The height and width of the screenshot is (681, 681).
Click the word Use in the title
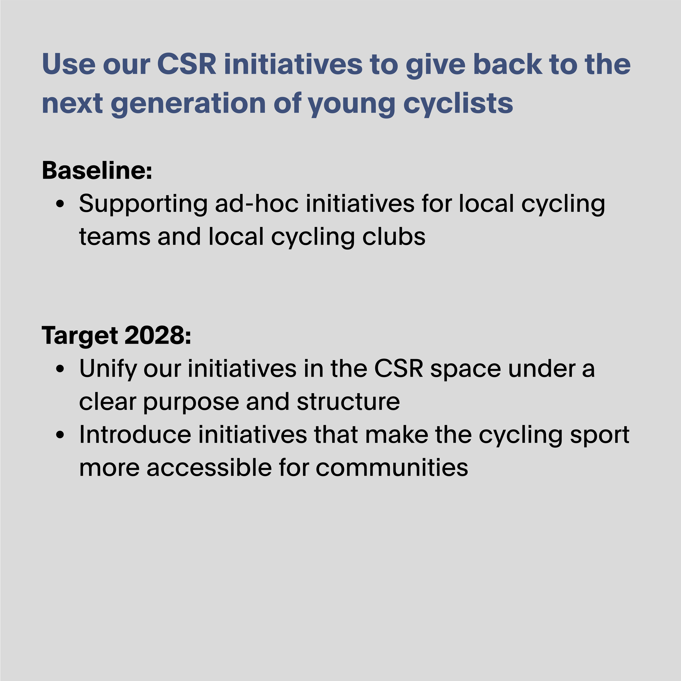pos(68,64)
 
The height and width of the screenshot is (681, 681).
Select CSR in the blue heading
pos(186,64)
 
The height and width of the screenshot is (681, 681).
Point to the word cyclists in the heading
pos(458,104)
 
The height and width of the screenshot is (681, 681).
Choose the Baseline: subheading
pos(97,170)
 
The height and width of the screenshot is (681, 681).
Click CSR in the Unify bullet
pos(398,369)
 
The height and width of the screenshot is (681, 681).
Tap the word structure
pos(348,402)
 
